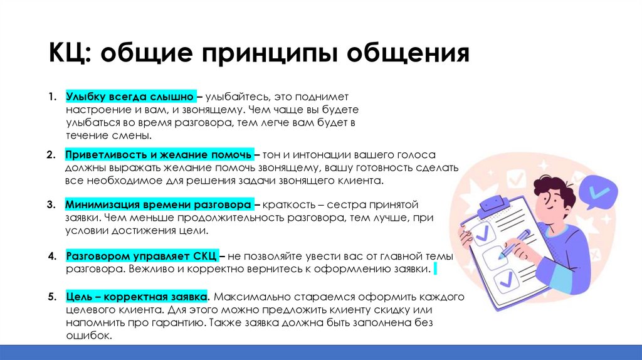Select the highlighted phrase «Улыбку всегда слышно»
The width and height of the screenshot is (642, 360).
coord(131,98)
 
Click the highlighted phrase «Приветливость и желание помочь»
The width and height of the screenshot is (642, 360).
coord(159,154)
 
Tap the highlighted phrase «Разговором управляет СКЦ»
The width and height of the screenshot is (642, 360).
coord(142,257)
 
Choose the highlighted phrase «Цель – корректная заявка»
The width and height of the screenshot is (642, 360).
coord(137,296)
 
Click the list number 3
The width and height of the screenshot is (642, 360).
coord(51,205)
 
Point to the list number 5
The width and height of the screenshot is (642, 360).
coord(51,296)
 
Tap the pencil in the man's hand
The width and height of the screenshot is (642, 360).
coord(515,244)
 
